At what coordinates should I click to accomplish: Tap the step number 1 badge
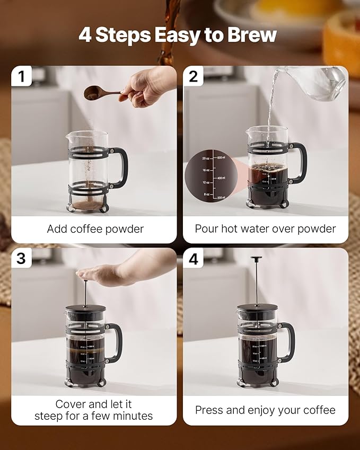21,76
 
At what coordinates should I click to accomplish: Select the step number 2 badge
193,76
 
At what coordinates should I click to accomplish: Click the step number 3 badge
21,258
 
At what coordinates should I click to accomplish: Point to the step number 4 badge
193,259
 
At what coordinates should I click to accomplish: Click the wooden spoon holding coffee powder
101,94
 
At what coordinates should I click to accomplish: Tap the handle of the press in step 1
121,167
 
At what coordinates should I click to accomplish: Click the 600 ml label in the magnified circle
219,158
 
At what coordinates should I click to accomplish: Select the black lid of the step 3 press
85,308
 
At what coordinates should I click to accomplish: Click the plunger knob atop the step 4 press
257,259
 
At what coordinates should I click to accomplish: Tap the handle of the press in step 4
288,342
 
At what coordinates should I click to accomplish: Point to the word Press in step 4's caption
208,410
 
